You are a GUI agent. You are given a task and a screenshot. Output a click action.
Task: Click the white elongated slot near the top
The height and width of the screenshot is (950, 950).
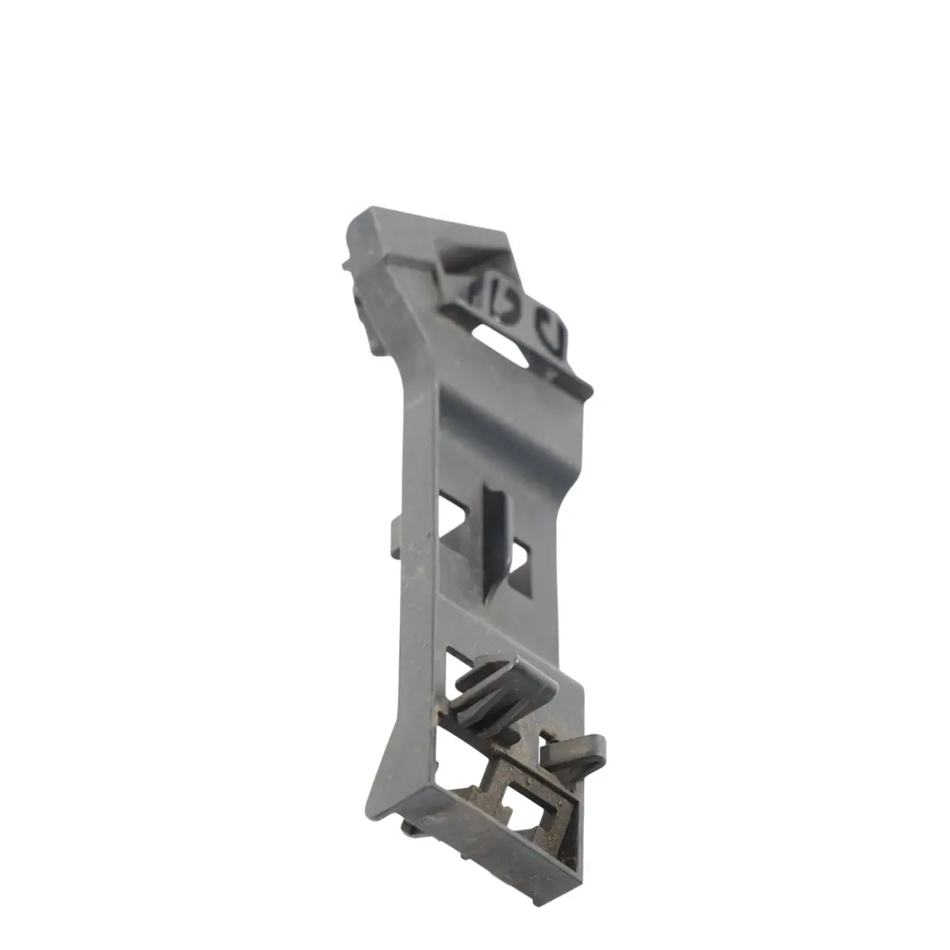pos(500,344)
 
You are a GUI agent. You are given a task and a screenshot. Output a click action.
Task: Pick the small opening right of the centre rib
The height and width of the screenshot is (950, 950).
pos(518,556)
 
